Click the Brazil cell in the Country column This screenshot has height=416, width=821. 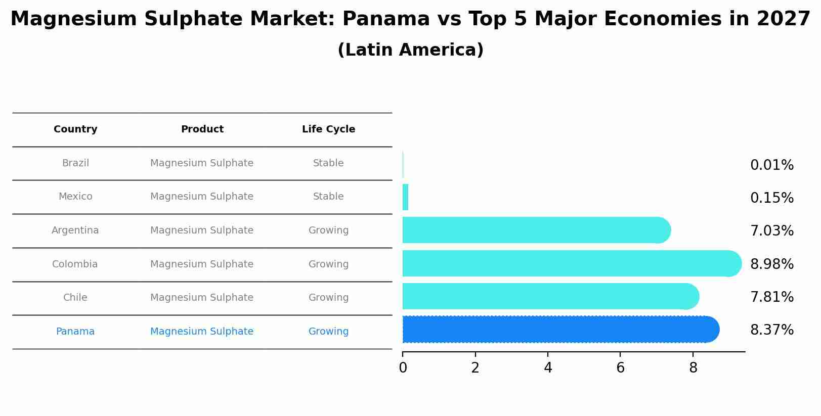(75, 163)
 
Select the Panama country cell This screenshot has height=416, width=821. (75, 332)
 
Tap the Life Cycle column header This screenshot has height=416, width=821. (328, 129)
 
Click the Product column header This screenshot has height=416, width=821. (202, 129)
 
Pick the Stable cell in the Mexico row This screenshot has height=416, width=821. (328, 197)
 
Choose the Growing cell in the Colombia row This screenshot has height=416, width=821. (328, 264)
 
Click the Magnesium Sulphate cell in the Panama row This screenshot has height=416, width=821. (202, 332)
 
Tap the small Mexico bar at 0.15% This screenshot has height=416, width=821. (405, 197)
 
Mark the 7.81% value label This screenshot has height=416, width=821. (771, 297)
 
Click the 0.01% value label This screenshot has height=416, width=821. (771, 165)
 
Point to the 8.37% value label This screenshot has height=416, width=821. (771, 330)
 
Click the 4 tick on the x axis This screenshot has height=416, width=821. (548, 368)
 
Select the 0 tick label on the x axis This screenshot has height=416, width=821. (403, 368)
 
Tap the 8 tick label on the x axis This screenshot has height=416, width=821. (693, 368)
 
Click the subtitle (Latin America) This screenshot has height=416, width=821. (410, 50)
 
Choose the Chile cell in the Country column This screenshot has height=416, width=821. (75, 298)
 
